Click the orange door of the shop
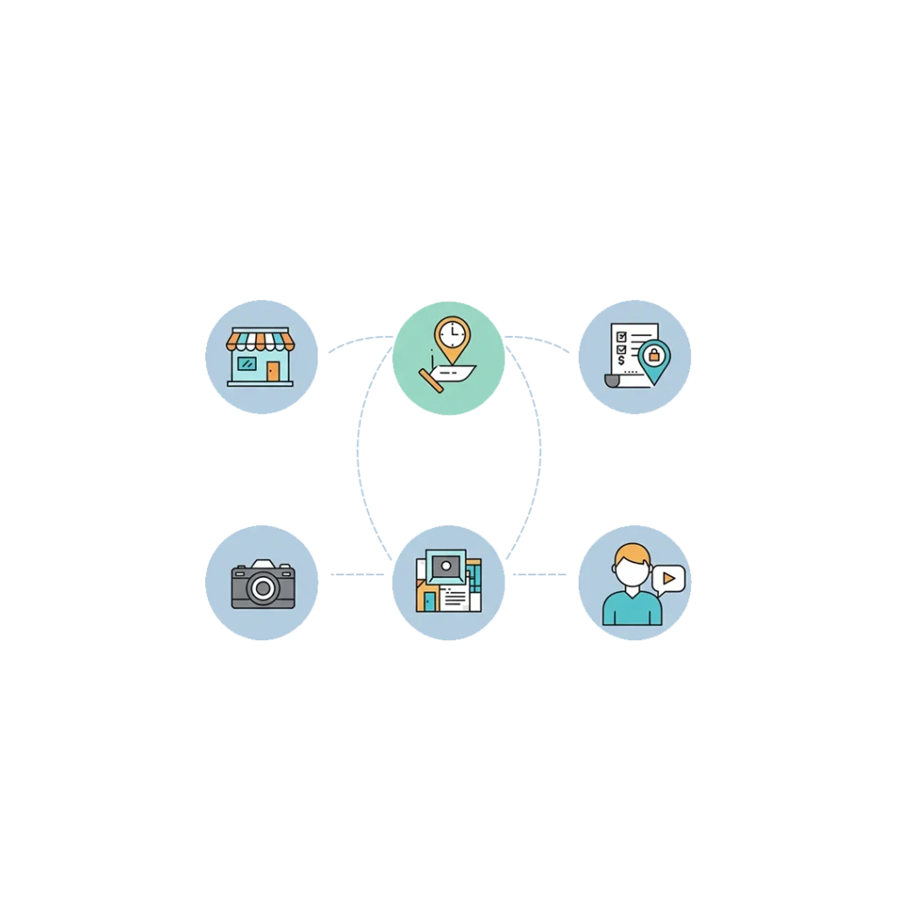[x=274, y=371]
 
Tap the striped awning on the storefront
[x=258, y=339]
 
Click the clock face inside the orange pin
[x=452, y=334]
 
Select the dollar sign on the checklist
[x=622, y=360]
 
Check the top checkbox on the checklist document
[x=622, y=336]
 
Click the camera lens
[x=262, y=588]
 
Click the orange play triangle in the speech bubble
[x=668, y=579]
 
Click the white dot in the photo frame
[x=447, y=566]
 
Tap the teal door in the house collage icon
[x=429, y=602]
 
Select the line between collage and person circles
[x=538, y=575]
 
